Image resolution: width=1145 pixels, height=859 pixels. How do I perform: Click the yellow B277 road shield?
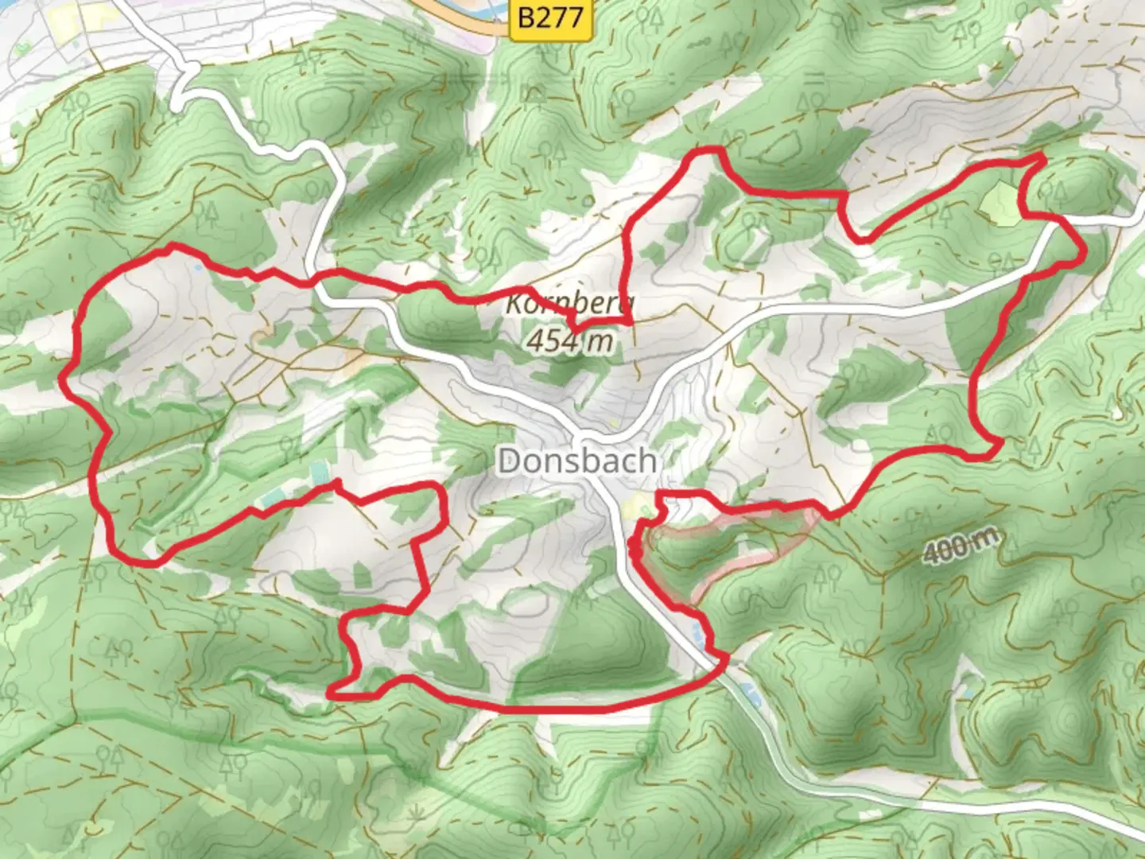coord(550,17)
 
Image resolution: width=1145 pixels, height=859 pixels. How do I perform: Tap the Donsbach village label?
coord(577,461)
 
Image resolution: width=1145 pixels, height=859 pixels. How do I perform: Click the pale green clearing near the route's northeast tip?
coord(1000,202)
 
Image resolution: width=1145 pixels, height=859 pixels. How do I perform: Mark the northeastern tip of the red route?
coord(1042,157)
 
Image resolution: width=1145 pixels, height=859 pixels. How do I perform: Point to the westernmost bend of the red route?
coord(64,380)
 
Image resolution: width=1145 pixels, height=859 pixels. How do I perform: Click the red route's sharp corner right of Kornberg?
coord(630,322)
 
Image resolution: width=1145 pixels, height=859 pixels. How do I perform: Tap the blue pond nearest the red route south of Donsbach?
coord(697,632)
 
